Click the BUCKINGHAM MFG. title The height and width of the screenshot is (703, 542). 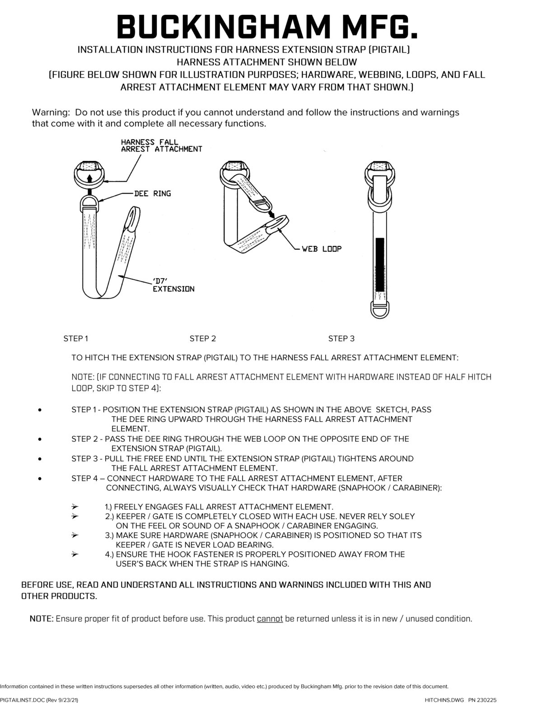pos(267,25)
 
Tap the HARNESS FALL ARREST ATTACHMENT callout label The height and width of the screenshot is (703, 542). pos(161,145)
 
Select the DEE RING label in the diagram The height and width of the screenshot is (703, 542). pos(152,193)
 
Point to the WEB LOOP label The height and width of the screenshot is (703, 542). pos(322,248)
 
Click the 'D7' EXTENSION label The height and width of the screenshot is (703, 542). pos(173,285)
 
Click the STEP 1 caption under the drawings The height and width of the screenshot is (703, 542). pos(75,338)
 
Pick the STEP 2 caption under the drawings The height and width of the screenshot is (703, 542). pos(202,338)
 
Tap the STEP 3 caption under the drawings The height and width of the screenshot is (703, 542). pos(341,338)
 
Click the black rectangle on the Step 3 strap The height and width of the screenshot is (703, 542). pos(379,264)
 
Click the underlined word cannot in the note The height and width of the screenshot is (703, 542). pos(270,619)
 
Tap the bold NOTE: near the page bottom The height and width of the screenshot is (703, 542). pos(42,619)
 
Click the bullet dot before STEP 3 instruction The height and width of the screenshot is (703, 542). pos(41,459)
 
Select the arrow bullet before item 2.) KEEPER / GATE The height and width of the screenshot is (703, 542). pos(75,516)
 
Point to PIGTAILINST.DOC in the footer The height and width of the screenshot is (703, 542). pos(22,699)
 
